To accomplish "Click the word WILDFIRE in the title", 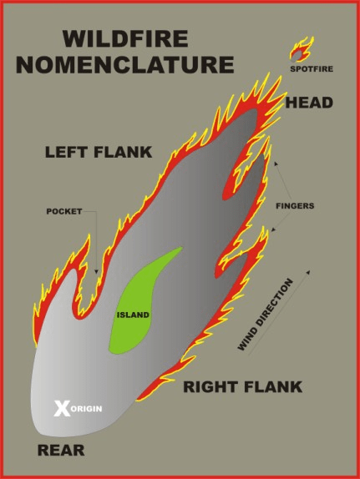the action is coord(125,38).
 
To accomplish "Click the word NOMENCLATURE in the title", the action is coord(125,64).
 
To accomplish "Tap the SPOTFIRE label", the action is coord(312,69).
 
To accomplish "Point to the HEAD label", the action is coord(309,103).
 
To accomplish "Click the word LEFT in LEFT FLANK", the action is coord(68,152).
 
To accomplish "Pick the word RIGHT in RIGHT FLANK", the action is coord(211,386).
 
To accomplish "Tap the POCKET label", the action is coord(64,211).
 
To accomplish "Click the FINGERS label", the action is coord(295,206).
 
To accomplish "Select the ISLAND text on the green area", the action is coord(133,315).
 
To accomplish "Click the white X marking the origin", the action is coord(62,408).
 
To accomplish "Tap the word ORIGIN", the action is coord(87,409).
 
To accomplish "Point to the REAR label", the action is coord(61,451).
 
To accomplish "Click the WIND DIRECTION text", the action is coord(265,315).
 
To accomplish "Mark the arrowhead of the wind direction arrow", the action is coord(308,271).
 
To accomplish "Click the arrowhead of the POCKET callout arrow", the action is coord(96,271).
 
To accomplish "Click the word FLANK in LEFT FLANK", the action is coord(123,152).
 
